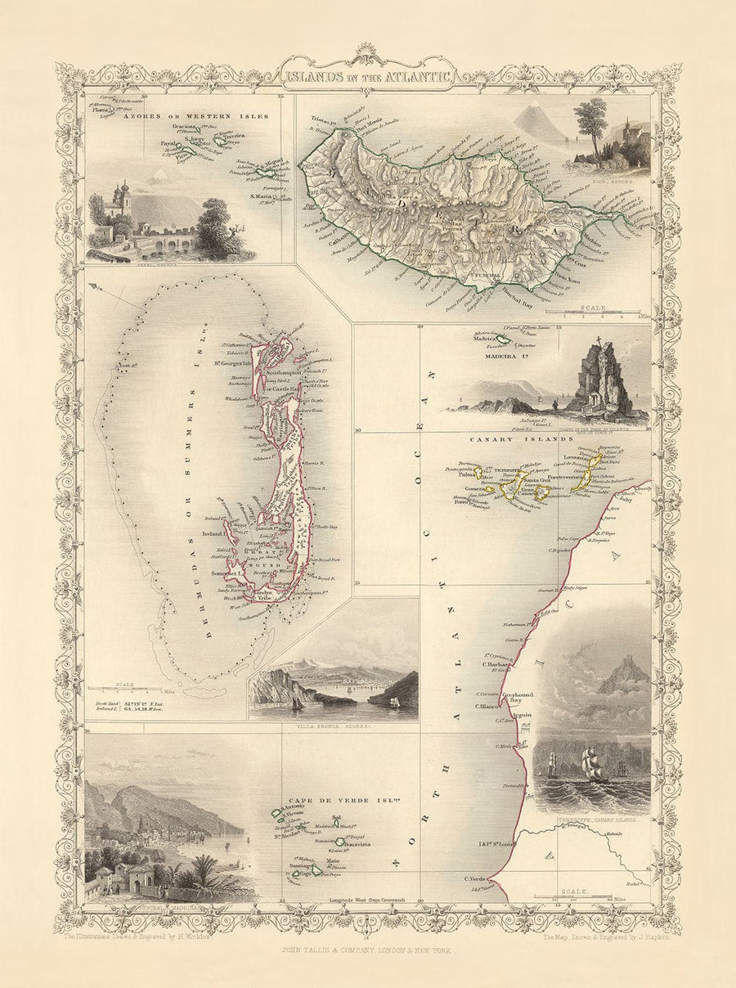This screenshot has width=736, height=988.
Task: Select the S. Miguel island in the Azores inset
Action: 267,173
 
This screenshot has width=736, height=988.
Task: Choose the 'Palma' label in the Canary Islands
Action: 467,474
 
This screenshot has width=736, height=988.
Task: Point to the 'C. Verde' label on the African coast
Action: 476,879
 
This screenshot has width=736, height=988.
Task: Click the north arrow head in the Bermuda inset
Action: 96,287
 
